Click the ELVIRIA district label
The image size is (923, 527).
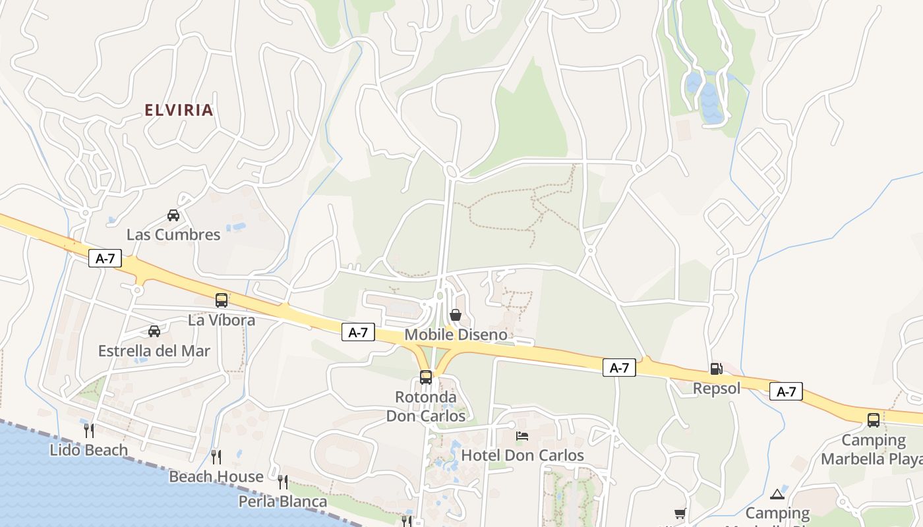click(179, 110)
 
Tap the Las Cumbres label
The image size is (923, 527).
click(173, 235)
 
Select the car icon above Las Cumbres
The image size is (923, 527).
click(173, 215)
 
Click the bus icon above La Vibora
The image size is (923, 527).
click(222, 300)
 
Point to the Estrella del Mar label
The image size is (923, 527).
click(154, 351)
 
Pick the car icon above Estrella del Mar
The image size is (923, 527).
click(154, 331)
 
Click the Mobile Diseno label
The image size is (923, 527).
click(456, 335)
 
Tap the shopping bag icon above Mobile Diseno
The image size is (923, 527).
click(455, 316)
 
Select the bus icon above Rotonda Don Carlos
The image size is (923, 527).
click(426, 377)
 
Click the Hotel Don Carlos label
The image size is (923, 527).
click(522, 455)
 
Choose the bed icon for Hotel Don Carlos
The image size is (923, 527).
click(522, 435)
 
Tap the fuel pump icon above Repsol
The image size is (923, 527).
click(717, 369)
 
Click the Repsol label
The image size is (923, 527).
click(717, 389)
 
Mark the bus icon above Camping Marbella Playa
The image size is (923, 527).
click(874, 420)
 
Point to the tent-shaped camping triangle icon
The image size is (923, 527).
click(777, 494)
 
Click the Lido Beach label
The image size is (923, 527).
click(89, 450)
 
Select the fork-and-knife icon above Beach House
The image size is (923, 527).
click(216, 457)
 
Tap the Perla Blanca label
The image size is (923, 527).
click(283, 502)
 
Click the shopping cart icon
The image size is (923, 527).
click(680, 513)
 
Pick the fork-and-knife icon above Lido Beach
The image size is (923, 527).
click(89, 430)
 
